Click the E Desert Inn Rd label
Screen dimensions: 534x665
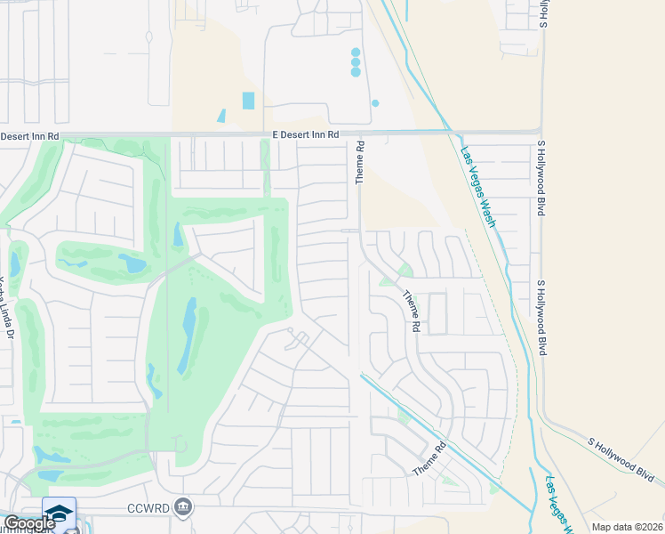coord(306,134)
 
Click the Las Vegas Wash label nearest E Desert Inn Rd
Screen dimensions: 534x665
coord(477,186)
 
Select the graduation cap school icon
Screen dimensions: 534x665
coord(59,514)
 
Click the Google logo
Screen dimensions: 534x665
coord(29,523)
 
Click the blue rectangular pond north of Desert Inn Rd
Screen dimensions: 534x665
coord(248,101)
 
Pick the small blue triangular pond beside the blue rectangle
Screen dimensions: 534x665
coord(221,116)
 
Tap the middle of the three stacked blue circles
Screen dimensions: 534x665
coord(356,62)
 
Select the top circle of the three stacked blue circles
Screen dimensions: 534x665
coord(356,53)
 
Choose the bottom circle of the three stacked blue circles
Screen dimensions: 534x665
coord(356,72)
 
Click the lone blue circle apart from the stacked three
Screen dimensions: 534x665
coord(375,103)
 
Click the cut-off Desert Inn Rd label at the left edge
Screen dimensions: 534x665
coord(29,136)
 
